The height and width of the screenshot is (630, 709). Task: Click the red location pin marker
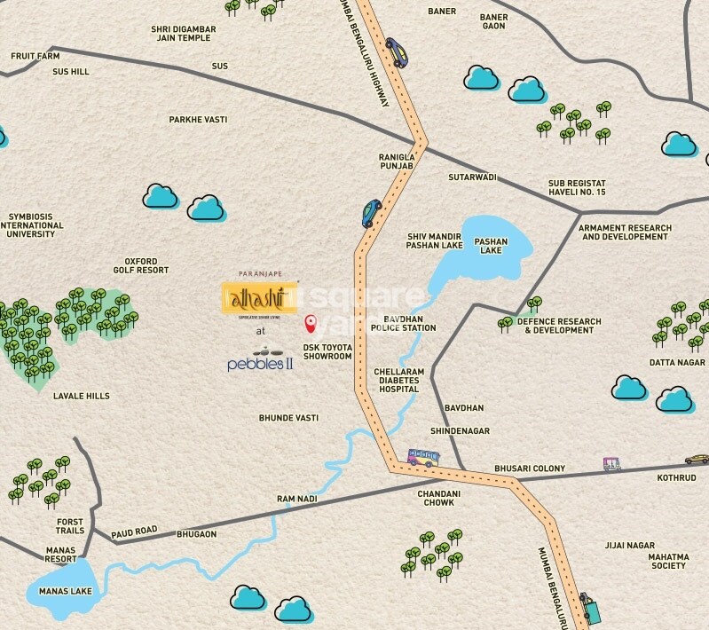pyautogui.click(x=310, y=323)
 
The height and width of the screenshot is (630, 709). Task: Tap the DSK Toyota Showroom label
pyautogui.click(x=328, y=351)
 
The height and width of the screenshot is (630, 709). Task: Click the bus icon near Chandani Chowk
pyautogui.click(x=422, y=458)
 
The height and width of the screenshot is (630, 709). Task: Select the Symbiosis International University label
pyautogui.click(x=36, y=225)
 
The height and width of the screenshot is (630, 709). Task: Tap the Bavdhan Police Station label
pyautogui.click(x=409, y=323)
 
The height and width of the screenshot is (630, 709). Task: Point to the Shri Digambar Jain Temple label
pyautogui.click(x=183, y=33)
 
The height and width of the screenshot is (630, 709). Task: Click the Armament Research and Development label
pyautogui.click(x=625, y=232)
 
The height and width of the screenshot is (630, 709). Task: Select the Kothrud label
pyautogui.click(x=678, y=477)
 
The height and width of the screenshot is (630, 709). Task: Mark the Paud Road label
pyautogui.click(x=134, y=531)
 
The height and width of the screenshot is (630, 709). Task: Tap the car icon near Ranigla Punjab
pyautogui.click(x=371, y=213)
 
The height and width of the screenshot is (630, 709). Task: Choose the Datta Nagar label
pyautogui.click(x=677, y=362)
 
